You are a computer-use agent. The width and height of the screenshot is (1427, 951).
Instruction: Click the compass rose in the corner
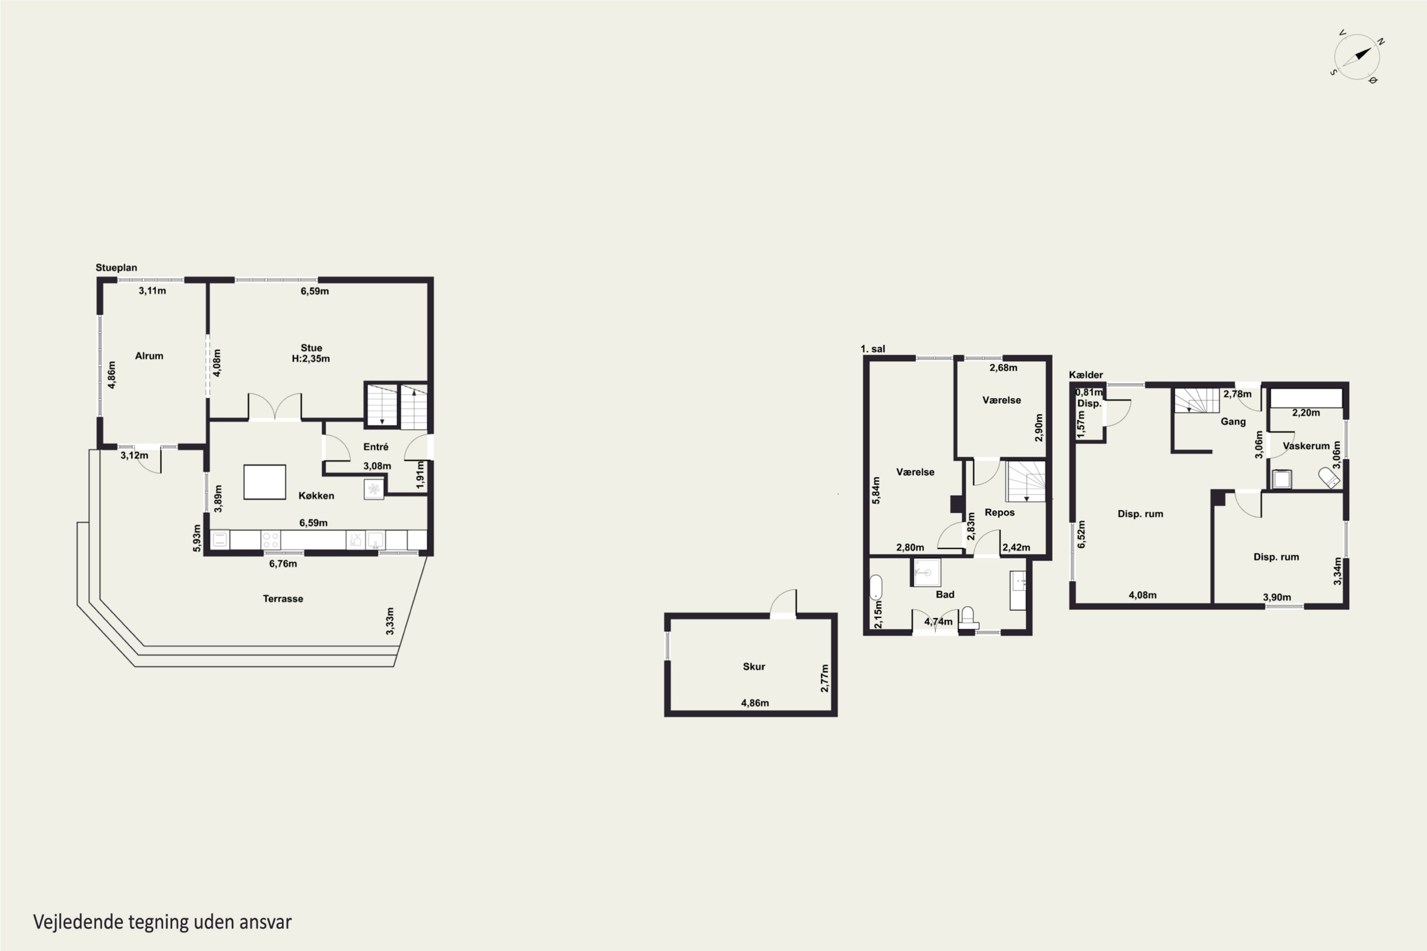pyautogui.click(x=1357, y=57)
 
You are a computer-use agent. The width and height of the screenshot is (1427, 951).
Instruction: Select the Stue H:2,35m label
pyautogui.click(x=311, y=353)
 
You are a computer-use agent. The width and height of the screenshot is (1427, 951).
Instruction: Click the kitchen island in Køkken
pyautogui.click(x=264, y=482)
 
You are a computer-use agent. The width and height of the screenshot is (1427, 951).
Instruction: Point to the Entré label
pyautogui.click(x=376, y=447)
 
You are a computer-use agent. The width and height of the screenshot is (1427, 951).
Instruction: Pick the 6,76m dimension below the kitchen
pyautogui.click(x=283, y=564)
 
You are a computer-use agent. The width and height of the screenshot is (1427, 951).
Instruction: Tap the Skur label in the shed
pyautogui.click(x=753, y=667)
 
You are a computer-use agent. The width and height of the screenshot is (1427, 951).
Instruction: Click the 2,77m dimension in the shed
pyautogui.click(x=824, y=678)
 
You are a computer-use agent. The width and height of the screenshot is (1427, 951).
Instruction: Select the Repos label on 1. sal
pyautogui.click(x=999, y=513)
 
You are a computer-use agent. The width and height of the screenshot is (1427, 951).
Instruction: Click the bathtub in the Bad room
pyautogui.click(x=876, y=588)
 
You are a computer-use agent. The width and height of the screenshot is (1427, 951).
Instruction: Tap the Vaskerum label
pyautogui.click(x=1306, y=446)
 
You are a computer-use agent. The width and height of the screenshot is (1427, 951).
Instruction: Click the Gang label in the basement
pyautogui.click(x=1233, y=421)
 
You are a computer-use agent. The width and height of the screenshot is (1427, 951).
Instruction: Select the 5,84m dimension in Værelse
pyautogui.click(x=876, y=490)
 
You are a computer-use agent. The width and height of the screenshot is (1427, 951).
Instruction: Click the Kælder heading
pyautogui.click(x=1086, y=375)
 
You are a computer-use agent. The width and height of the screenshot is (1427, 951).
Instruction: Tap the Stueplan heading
pyautogui.click(x=117, y=267)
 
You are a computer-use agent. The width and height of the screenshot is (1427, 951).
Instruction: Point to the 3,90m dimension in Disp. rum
pyautogui.click(x=1277, y=597)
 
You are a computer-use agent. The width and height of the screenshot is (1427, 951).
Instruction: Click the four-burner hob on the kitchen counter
pyautogui.click(x=271, y=540)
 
